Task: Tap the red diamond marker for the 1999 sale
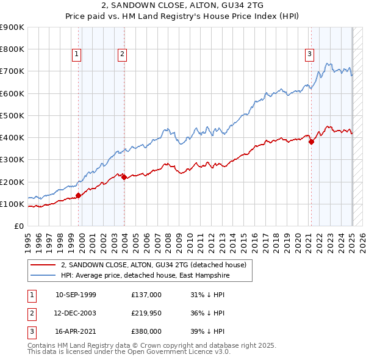[x=78, y=196]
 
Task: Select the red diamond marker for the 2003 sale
[x=124, y=178]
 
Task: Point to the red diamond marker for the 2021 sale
[x=311, y=142]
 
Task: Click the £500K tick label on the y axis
[x=12, y=115]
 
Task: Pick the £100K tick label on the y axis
[x=12, y=204]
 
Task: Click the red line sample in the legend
[x=43, y=265]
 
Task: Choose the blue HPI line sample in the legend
[x=43, y=275]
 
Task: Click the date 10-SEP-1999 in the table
[x=76, y=295]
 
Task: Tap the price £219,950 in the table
[x=146, y=313]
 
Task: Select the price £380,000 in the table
[x=146, y=331]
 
